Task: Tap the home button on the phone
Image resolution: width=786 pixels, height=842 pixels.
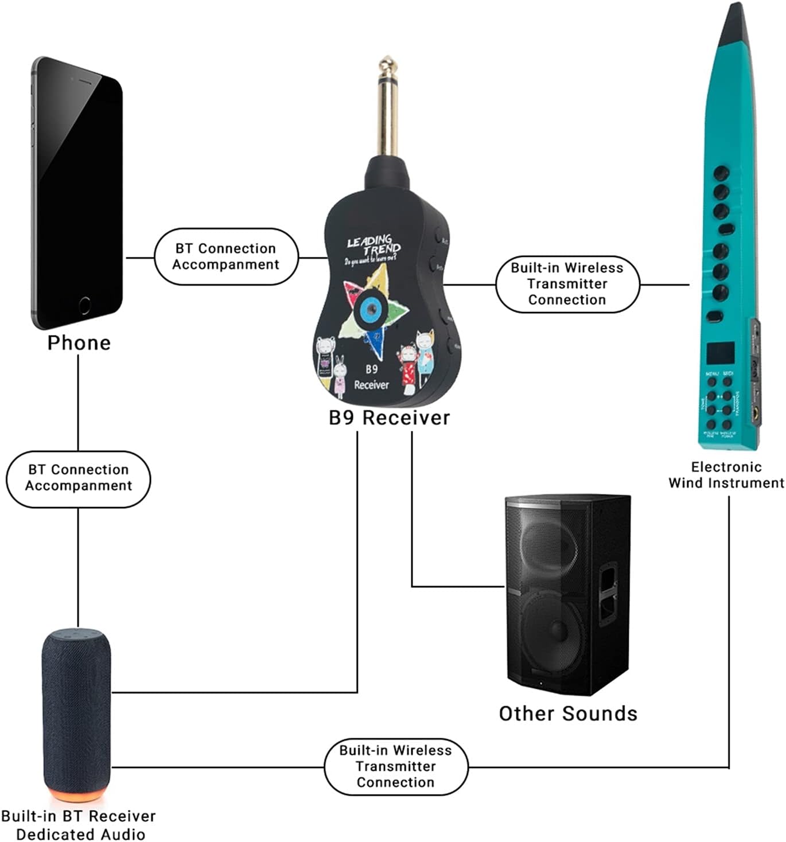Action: point(84,305)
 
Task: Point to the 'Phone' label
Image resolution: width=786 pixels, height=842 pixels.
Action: point(79,342)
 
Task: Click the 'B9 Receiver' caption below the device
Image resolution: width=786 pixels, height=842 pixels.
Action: point(389,418)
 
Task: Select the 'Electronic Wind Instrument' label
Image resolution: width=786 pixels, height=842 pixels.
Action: point(726,475)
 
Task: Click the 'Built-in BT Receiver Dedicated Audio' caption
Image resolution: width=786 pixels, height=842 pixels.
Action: point(79,825)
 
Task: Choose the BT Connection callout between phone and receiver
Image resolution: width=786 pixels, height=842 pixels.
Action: point(226,256)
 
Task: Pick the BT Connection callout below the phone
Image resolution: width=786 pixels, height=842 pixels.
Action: point(79,478)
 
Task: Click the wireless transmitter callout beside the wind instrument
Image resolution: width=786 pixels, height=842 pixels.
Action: point(567,284)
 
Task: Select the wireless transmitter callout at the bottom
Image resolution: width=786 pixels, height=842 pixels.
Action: point(396,766)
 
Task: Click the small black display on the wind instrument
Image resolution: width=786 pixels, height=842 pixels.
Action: point(720,354)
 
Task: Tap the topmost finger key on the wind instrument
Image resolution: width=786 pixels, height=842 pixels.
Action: point(721,172)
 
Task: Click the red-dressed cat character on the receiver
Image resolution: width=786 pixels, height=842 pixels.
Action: point(408,367)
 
